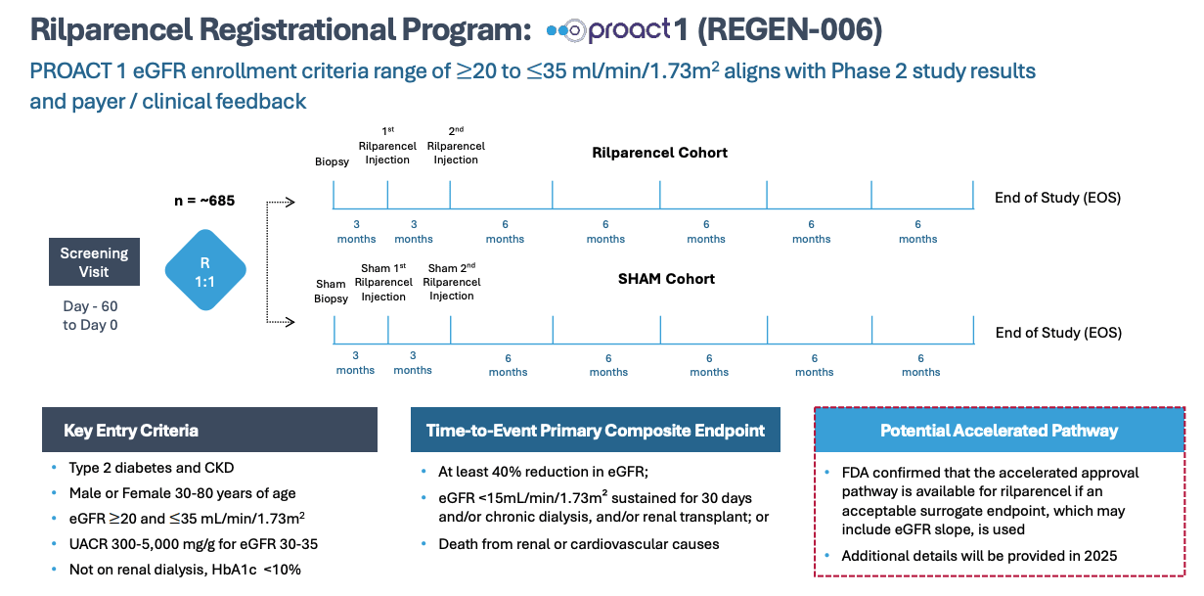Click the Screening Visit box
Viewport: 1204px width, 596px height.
coord(94,261)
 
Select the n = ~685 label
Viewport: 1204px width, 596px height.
coord(203,203)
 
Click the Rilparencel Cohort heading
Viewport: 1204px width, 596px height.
coord(659,153)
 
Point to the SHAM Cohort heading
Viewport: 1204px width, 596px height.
coord(665,279)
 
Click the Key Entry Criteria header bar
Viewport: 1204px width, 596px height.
coord(209,430)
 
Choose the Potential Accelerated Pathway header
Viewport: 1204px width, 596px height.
coord(999,430)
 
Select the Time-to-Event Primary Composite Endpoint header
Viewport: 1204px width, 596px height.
coord(596,430)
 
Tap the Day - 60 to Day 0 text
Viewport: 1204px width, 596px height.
coord(90,315)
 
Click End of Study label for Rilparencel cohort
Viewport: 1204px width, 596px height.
coord(1057,198)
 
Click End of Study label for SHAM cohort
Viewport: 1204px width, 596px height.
coord(1057,333)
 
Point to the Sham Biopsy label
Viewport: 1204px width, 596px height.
coord(331,291)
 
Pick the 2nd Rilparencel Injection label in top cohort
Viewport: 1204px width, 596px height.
coord(456,146)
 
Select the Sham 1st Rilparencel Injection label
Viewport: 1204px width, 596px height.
coord(383,282)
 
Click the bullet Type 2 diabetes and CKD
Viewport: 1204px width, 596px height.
coord(151,468)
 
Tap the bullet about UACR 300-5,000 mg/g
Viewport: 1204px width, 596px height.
coord(193,544)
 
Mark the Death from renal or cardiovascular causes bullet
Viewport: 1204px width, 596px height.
coord(578,544)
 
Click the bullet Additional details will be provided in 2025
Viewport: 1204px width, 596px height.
coord(978,556)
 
